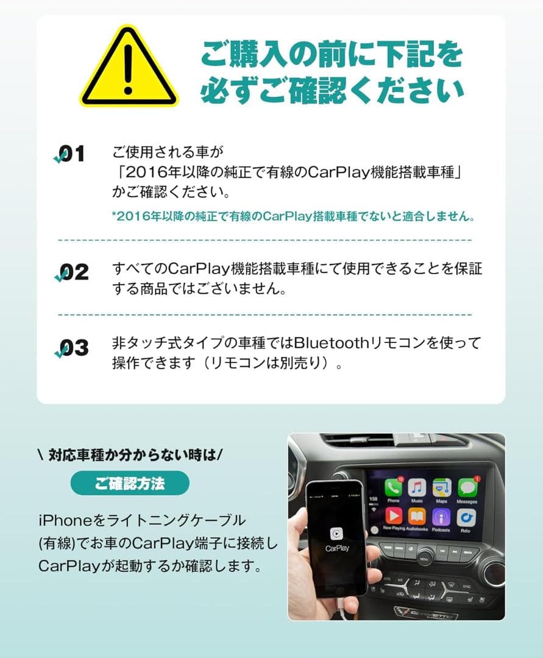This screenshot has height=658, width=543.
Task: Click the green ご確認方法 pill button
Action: (130, 483)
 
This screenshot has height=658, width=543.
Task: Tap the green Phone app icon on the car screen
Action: (393, 487)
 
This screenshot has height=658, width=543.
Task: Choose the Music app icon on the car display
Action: (417, 487)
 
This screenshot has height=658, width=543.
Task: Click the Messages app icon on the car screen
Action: (467, 487)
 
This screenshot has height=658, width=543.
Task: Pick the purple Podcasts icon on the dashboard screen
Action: (442, 517)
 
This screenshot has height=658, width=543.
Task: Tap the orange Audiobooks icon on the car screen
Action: (417, 517)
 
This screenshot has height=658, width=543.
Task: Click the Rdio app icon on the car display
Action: (467, 518)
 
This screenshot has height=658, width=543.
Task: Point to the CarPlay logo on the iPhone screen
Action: (336, 534)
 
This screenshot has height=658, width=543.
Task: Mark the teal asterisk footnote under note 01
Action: (293, 216)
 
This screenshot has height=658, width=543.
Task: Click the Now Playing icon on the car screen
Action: (393, 517)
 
